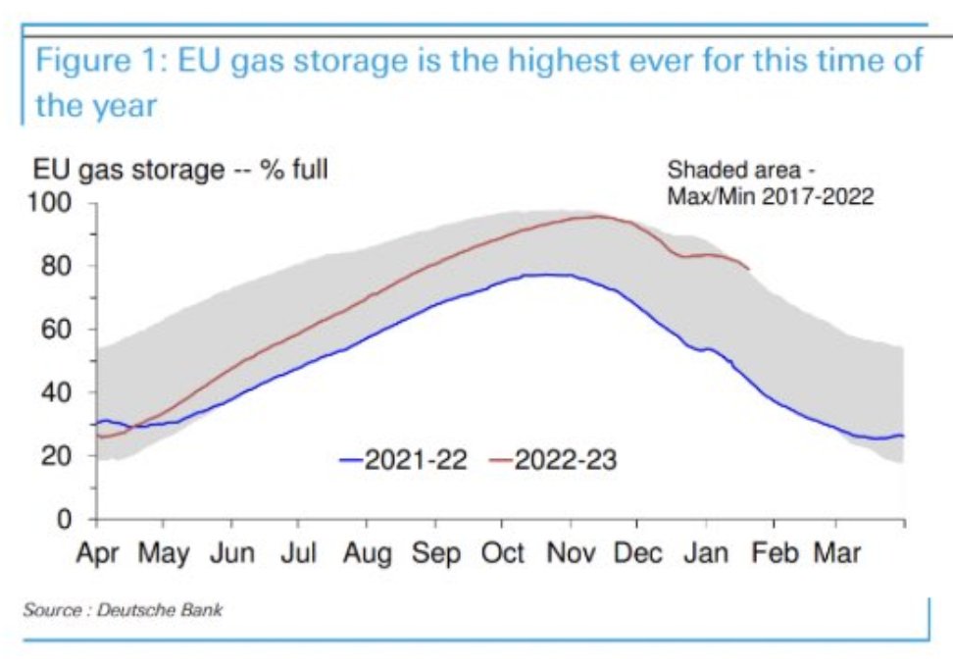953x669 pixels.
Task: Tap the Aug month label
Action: [368, 553]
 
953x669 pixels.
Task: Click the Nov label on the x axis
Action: [572, 553]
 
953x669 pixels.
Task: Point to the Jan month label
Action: [706, 553]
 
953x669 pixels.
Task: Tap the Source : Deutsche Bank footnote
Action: [123, 610]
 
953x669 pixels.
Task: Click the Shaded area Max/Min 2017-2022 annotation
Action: [769, 182]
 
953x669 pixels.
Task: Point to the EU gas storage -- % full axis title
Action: [181, 170]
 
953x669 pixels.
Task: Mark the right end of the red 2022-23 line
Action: [750, 269]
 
